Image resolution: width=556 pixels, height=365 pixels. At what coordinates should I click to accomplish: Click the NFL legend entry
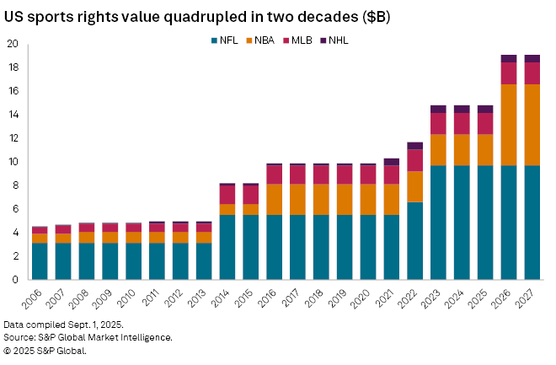(222, 40)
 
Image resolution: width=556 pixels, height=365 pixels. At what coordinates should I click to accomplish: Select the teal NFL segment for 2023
(438, 223)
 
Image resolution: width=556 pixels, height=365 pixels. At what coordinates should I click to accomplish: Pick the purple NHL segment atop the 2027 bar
(532, 58)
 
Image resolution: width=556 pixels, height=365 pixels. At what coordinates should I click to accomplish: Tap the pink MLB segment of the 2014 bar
(227, 195)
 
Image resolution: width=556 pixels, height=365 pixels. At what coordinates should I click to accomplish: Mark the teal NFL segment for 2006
(40, 261)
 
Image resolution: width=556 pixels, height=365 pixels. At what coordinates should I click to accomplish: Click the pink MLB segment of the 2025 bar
(485, 123)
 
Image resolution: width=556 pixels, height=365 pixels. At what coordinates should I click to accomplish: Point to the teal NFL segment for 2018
(321, 247)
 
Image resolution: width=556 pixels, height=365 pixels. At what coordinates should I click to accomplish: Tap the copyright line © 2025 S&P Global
(45, 350)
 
